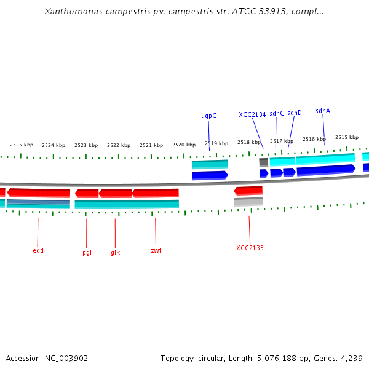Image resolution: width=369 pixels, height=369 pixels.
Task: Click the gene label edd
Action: [38, 251]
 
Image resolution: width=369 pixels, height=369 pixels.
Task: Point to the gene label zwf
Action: [156, 251]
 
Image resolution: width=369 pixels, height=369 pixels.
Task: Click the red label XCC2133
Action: [250, 248]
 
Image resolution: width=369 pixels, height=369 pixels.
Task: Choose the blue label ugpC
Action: [208, 116]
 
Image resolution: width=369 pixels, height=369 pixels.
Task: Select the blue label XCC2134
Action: [252, 114]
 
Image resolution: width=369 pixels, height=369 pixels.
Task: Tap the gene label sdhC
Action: [277, 113]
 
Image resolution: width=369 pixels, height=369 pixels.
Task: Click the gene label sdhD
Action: [295, 113]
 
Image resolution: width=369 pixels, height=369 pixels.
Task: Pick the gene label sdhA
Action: [323, 111]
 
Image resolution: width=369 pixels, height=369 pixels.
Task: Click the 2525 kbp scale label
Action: [22, 145]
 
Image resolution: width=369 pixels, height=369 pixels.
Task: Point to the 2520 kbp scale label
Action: [184, 145]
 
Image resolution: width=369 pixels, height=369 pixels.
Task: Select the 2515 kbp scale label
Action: [347, 137]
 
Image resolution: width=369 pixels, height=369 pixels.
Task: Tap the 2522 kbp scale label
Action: [119, 145]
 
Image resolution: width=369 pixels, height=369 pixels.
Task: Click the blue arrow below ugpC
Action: [210, 175]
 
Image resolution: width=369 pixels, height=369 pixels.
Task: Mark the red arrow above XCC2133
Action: [248, 191]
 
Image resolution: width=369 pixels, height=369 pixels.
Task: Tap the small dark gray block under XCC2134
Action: [263, 162]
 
